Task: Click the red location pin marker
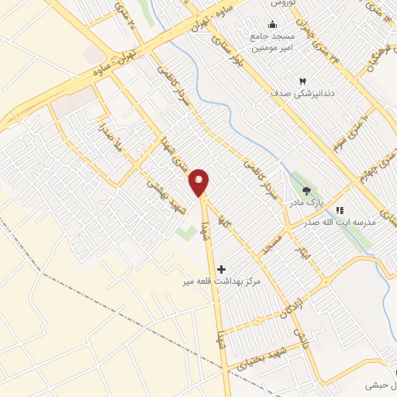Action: coord(200,182)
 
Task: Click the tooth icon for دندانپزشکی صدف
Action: coord(303,80)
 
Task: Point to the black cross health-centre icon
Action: coord(222,269)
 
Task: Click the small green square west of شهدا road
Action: coord(185,232)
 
